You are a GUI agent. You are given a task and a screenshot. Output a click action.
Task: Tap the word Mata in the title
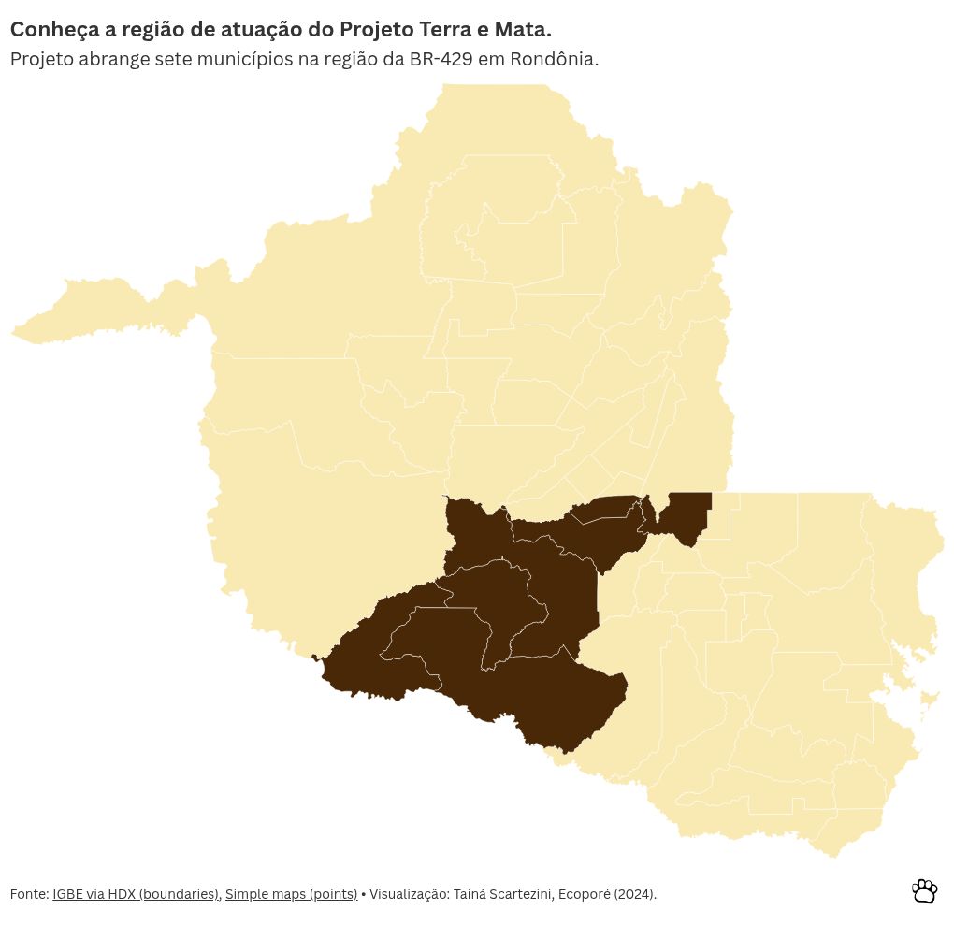(x=521, y=29)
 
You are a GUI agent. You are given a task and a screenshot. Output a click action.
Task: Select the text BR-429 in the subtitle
(x=441, y=59)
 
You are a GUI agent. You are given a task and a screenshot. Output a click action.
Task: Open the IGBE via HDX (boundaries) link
(x=136, y=894)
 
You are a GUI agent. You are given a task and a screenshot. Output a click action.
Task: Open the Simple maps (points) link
(x=291, y=894)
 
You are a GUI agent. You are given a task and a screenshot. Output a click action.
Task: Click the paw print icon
(x=924, y=891)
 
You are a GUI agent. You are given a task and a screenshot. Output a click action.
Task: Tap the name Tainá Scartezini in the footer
(x=503, y=894)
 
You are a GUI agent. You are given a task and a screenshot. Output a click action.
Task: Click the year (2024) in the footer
(x=635, y=894)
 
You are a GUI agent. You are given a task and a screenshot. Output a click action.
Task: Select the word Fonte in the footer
(x=28, y=894)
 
